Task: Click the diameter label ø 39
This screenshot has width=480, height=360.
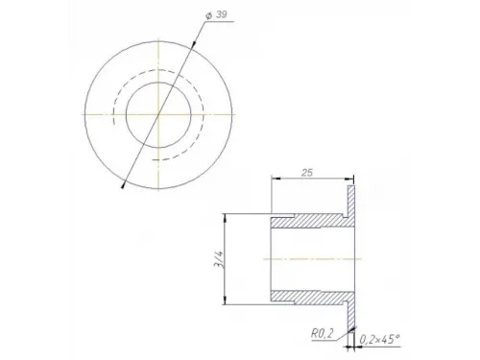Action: [216, 14]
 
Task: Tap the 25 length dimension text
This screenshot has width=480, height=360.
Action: [307, 173]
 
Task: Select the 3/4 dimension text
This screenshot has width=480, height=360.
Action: [219, 259]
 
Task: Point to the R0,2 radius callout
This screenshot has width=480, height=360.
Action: [323, 334]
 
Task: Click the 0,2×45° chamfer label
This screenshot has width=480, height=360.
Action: [380, 339]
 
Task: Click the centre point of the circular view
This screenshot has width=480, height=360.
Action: [158, 114]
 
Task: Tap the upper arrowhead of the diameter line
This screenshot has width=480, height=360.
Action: [194, 45]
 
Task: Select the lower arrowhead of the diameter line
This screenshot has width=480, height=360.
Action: [123, 185]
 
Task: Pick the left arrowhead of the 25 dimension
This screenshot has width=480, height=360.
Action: [276, 179]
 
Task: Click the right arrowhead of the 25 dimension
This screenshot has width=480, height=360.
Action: [349, 179]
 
